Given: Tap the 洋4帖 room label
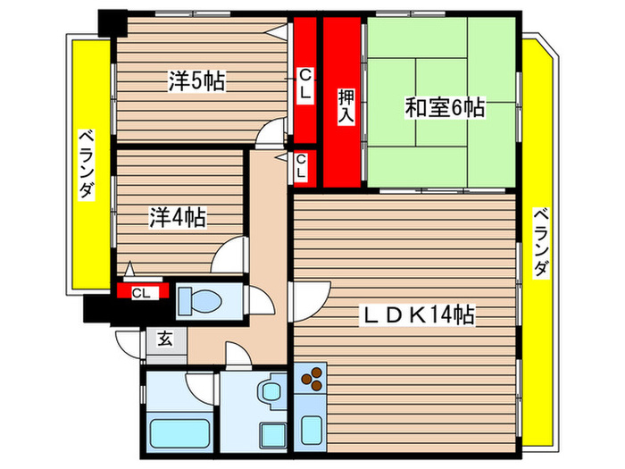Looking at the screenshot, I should (178, 216).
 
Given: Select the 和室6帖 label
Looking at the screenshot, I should (444, 108).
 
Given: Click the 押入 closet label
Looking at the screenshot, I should (344, 105).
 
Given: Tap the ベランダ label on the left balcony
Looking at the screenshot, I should (86, 164).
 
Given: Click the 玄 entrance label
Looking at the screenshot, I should (165, 339).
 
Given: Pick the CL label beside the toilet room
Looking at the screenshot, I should (140, 292).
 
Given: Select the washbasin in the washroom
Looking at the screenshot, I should (269, 392).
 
